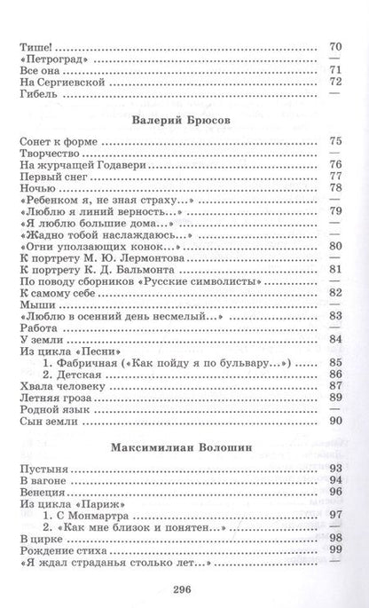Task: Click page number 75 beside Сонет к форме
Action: pyautogui.click(x=335, y=140)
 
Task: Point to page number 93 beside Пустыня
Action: pyautogui.click(x=335, y=468)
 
